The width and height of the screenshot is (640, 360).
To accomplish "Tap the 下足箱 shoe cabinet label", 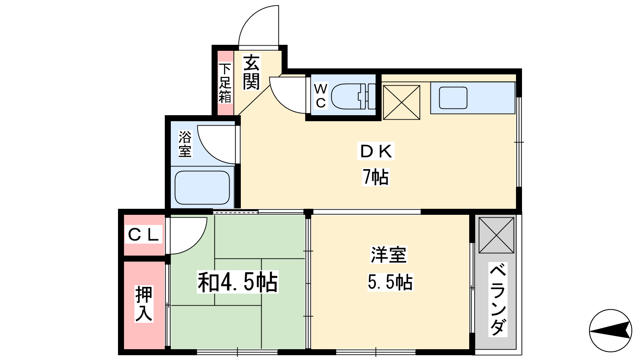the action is (225, 83).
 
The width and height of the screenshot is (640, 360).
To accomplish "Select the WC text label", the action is (321, 96).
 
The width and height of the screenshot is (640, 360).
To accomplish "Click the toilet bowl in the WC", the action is (353, 96).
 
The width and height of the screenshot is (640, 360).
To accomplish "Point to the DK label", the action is (376, 151).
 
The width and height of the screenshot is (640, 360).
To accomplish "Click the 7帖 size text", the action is (376, 177).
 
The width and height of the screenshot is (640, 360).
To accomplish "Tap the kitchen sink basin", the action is (453, 98).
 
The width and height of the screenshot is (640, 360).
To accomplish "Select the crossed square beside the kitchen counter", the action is (402, 102).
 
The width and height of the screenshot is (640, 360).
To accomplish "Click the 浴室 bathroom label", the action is (185, 144).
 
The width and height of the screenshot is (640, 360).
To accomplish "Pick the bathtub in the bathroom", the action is (202, 188).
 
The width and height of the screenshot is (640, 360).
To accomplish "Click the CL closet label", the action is (143, 235).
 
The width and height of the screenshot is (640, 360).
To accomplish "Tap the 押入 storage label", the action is (144, 304).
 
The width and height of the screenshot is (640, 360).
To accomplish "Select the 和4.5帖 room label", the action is (238, 283).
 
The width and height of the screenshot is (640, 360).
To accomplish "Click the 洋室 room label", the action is (388, 254).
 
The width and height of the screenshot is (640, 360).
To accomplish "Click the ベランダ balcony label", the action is (498, 300).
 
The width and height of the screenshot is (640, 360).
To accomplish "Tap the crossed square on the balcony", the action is (496, 235).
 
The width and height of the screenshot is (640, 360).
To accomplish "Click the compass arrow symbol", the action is (610, 331).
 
